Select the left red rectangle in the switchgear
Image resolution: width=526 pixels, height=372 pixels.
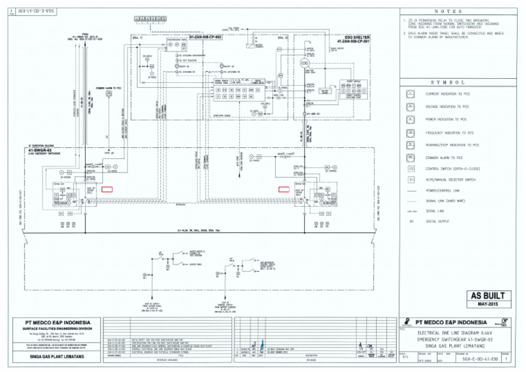click(x=107, y=188)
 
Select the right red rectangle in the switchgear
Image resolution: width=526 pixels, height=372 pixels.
click(x=284, y=188)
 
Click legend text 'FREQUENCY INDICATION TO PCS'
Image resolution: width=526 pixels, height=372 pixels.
click(x=449, y=132)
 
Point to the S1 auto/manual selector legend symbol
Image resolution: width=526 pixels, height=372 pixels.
click(x=411, y=179)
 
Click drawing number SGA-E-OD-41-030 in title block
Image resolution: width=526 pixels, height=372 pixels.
click(x=480, y=358)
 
